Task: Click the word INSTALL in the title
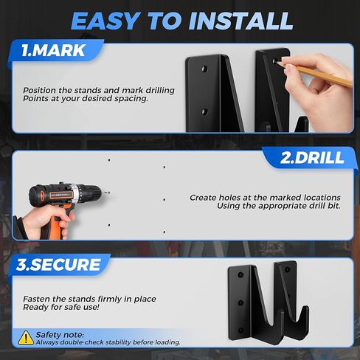(x=240, y=21)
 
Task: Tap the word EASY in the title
(x=105, y=21)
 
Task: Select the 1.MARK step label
(x=53, y=51)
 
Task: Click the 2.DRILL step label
(x=312, y=158)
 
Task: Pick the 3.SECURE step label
(x=58, y=265)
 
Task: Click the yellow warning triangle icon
(x=26, y=338)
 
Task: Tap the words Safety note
(x=60, y=335)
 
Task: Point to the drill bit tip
(x=108, y=193)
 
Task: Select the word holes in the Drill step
(x=229, y=198)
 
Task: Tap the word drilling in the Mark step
(x=160, y=91)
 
